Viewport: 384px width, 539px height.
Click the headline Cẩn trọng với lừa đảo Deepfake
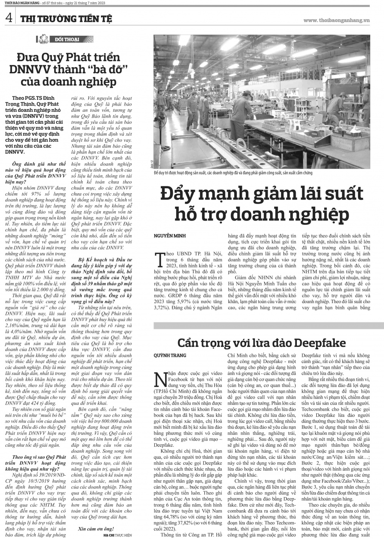[x=262, y=343]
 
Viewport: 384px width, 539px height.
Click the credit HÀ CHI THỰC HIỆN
[x=118, y=534]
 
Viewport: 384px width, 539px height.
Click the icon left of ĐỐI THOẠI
[x=44, y=39]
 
